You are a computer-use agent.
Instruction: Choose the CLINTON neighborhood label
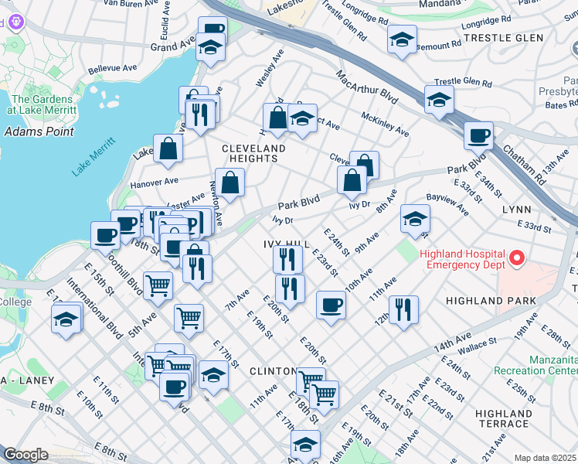click(x=274, y=372)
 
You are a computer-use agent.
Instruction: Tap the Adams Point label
click(x=39, y=131)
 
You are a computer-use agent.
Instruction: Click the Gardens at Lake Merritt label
click(x=42, y=104)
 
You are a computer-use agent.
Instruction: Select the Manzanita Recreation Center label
click(x=553, y=366)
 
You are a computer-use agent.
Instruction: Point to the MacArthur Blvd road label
click(x=366, y=87)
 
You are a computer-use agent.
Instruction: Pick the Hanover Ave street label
click(x=154, y=183)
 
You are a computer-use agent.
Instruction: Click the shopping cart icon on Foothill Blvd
click(x=158, y=285)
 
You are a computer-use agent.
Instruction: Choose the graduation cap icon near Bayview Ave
click(x=415, y=220)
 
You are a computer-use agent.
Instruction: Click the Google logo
click(x=25, y=455)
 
